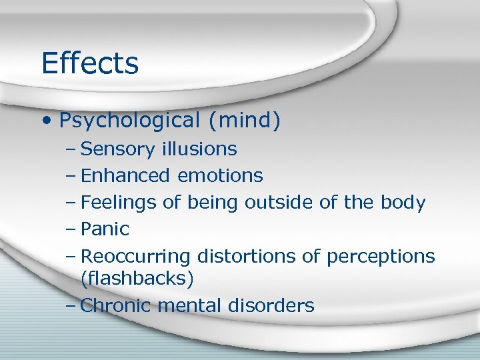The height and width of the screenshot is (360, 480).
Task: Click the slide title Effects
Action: pos(89,63)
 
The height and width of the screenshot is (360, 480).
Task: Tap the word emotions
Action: pos(220,175)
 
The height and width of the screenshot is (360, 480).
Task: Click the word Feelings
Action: pos(122,203)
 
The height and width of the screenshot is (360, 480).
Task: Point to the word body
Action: pos(402,203)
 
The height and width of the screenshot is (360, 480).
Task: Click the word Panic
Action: pos(104,229)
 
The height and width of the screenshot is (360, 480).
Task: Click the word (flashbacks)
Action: pos(137,278)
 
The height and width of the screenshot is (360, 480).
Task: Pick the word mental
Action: pos(193,305)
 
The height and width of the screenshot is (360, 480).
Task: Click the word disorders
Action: pos(271,305)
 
